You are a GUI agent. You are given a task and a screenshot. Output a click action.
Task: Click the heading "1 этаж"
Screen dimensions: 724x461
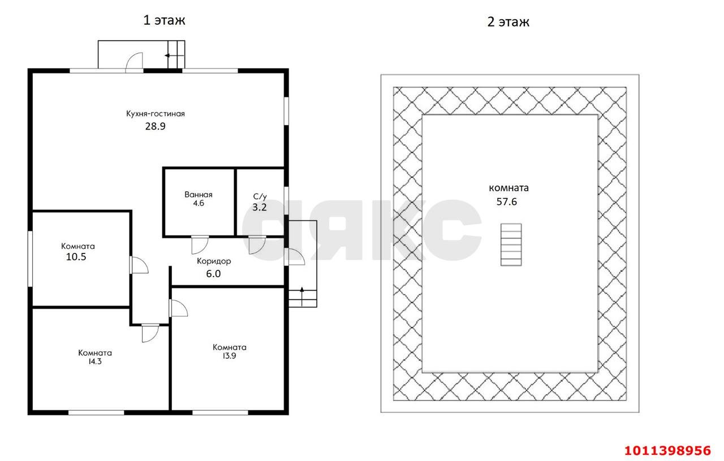(164, 20)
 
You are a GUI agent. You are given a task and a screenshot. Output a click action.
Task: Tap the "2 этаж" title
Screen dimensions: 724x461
(508, 22)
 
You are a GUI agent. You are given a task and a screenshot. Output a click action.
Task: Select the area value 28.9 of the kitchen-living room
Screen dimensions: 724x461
(155, 126)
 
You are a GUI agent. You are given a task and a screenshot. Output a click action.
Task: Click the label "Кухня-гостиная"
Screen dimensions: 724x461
(156, 114)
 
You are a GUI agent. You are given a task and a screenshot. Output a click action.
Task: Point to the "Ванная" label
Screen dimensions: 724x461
(199, 195)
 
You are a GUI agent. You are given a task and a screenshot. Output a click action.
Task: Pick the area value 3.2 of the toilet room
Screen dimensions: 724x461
(260, 207)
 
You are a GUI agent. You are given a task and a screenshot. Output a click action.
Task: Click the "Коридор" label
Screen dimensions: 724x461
(214, 261)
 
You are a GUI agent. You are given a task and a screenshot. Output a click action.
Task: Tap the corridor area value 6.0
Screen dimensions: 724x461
(213, 274)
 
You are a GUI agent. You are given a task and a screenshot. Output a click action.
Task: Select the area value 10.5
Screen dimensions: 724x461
(76, 257)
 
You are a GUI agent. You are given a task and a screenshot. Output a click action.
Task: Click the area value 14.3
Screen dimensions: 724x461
(95, 361)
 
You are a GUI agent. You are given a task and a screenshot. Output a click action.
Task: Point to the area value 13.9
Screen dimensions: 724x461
(229, 356)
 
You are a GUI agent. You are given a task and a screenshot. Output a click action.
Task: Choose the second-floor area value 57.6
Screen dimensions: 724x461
(507, 202)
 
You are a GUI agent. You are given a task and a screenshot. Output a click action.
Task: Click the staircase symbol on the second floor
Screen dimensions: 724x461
(511, 245)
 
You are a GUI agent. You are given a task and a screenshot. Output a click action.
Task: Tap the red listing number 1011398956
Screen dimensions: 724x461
(667, 451)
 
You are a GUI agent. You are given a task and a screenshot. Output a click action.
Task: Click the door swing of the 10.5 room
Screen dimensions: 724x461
(139, 265)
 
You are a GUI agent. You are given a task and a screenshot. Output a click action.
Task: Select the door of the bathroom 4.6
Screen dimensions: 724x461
(200, 245)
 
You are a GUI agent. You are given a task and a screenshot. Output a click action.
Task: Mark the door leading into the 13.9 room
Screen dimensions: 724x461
(178, 308)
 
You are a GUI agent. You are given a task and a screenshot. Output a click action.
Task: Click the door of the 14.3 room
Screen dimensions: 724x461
(150, 333)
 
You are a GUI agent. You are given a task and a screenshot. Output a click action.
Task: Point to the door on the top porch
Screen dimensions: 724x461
(134, 62)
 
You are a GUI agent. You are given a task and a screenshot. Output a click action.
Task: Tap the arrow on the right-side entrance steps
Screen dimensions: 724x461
(302, 296)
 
